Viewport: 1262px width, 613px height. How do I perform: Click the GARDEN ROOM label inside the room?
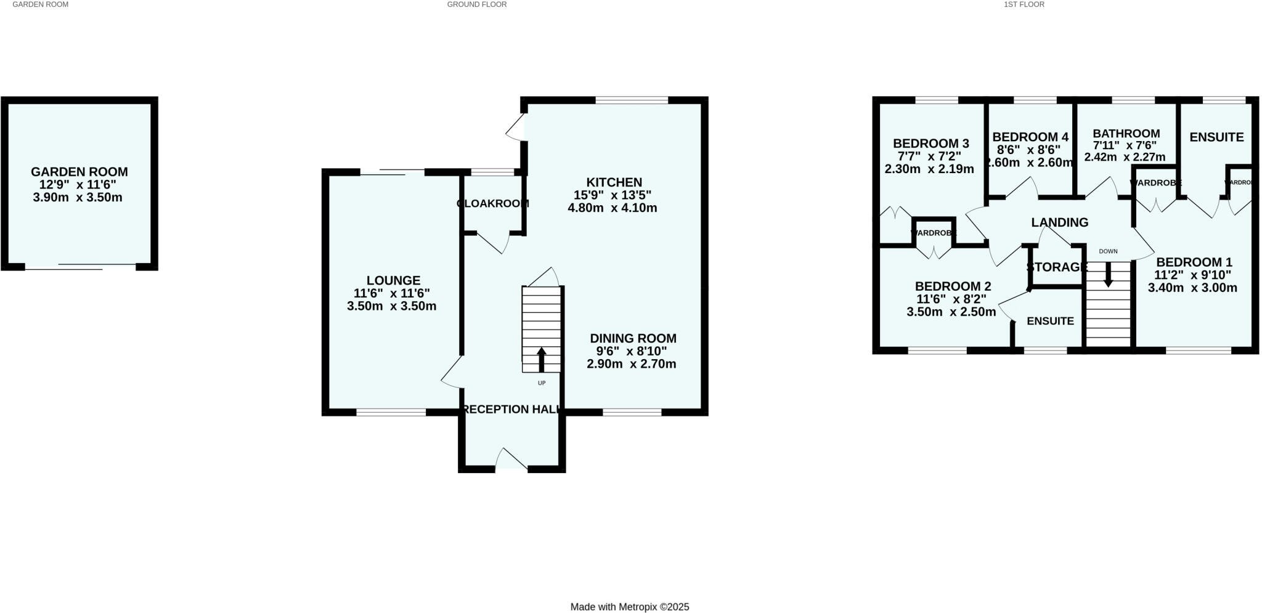79,173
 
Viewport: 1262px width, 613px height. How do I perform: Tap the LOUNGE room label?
393,281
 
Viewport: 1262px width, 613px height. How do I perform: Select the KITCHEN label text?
614,182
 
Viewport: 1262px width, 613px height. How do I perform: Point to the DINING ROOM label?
633,338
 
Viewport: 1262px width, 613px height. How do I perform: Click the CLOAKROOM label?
493,204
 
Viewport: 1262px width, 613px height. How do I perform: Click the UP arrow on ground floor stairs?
542,360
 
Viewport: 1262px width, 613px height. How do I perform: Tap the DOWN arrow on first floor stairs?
1108,274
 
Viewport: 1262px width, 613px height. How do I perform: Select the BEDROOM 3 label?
930,144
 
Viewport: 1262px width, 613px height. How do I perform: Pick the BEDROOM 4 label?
1030,137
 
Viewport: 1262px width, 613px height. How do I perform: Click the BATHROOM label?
1126,134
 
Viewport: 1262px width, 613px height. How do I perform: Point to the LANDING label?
1059,222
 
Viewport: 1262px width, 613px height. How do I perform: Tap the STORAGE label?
1057,267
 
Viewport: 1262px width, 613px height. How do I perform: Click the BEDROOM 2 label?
953,286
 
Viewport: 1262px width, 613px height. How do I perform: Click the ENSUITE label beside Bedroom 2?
1050,321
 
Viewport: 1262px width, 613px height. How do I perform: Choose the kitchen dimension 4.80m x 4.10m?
612,208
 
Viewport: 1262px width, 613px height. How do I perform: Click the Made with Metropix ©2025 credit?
629,607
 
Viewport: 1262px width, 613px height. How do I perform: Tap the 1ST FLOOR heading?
1024,4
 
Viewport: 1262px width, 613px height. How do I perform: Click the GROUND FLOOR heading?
476,4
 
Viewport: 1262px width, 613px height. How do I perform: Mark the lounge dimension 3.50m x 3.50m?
391,306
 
